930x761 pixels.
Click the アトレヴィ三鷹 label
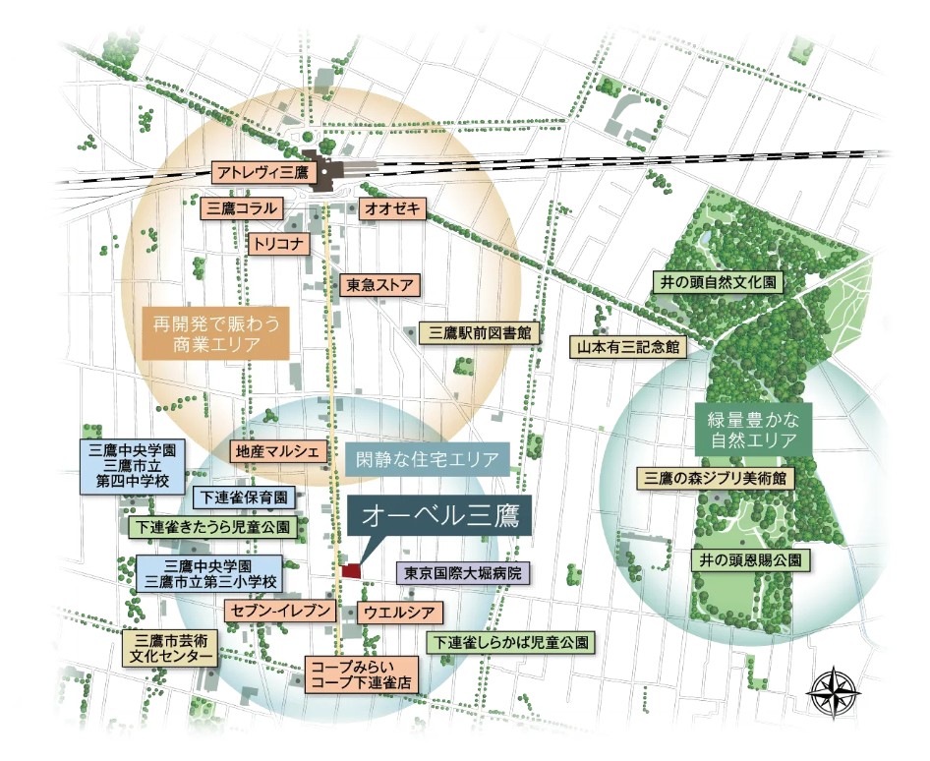[x=262, y=172]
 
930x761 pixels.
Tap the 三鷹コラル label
[x=241, y=208]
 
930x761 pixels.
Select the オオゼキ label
[x=393, y=208]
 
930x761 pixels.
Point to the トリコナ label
[x=280, y=242]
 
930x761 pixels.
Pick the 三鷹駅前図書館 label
[x=480, y=333]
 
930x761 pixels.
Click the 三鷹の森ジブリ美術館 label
[x=717, y=479]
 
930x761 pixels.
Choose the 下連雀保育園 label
[x=246, y=497]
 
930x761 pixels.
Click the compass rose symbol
[x=834, y=691]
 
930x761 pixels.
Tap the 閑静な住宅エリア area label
[x=430, y=458]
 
